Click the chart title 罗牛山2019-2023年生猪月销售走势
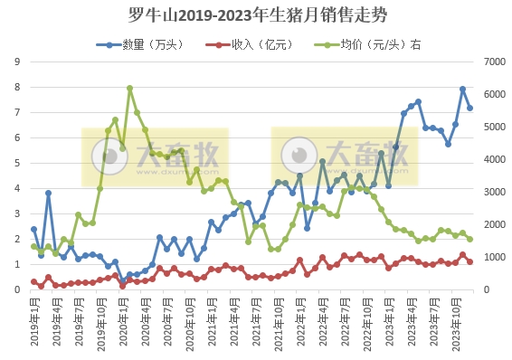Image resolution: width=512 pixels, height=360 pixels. click(x=256, y=14)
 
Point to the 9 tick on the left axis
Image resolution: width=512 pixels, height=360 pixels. click(x=17, y=62)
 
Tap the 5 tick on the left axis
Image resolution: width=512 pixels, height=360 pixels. click(x=17, y=163)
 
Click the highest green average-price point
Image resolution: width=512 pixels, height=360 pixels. click(x=130, y=89)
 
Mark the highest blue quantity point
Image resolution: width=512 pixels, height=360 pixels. click(x=462, y=89)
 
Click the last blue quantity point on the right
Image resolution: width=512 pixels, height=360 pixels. click(x=469, y=108)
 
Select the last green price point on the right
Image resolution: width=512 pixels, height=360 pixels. click(x=469, y=239)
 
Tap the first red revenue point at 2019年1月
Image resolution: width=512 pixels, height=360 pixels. click(x=33, y=282)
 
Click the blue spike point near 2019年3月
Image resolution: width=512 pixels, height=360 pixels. click(x=49, y=193)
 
